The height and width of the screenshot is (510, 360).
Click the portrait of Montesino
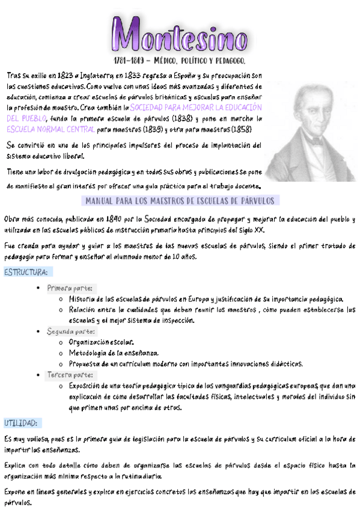pos(311,129)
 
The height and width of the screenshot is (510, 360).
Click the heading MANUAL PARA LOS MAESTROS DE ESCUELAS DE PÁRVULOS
pos(180,200)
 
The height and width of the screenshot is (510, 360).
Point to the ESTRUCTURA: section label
pos(26,272)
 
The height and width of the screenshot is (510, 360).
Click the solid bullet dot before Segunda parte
pos(39,332)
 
